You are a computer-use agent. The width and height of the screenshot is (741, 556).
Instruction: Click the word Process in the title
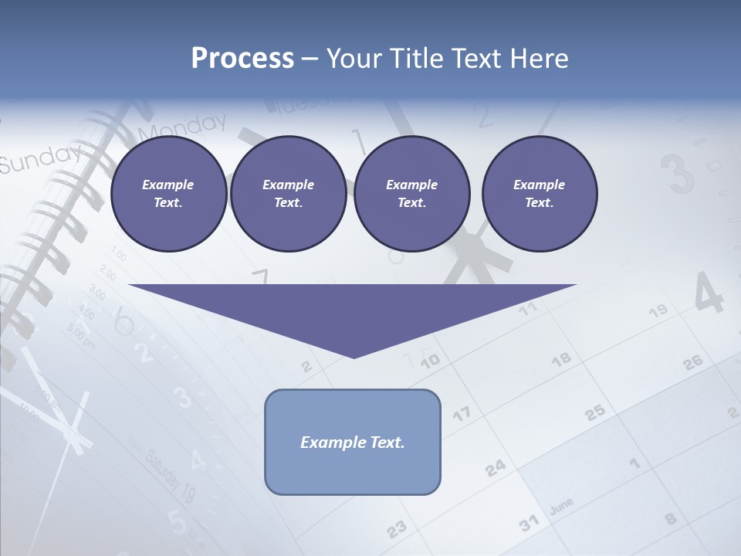click(x=242, y=59)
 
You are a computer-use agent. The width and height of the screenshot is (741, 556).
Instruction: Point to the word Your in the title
click(x=354, y=59)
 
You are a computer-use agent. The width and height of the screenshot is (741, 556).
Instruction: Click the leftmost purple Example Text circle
click(x=168, y=194)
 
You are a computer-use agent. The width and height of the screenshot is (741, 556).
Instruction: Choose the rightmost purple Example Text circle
click(x=539, y=194)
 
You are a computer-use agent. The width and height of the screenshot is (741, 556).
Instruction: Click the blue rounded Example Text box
click(x=353, y=442)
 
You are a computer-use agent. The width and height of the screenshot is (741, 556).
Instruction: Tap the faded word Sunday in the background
click(x=39, y=159)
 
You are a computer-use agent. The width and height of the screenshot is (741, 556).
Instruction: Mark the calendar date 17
click(x=461, y=414)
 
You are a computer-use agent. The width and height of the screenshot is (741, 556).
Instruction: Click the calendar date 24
click(x=496, y=467)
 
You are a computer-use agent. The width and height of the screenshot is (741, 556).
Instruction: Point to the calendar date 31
click(x=529, y=524)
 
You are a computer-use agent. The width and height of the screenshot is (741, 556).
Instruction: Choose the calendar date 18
click(x=561, y=358)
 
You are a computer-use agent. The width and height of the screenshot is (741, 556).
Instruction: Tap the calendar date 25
click(x=595, y=412)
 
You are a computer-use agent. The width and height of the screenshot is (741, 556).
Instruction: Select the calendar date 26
click(x=693, y=361)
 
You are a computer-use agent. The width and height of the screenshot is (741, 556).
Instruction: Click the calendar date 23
click(x=396, y=528)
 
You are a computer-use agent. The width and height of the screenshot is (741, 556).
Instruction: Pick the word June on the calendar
click(x=561, y=506)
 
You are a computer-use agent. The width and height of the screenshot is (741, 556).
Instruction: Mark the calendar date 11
click(x=527, y=310)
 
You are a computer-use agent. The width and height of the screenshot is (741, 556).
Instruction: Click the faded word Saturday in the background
click(x=164, y=467)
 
